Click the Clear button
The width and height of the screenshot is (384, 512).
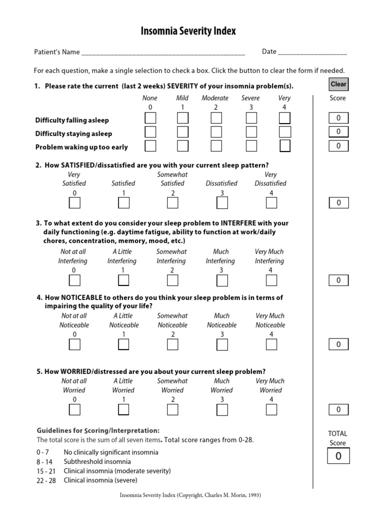pos(338,84)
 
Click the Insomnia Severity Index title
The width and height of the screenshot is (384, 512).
pos(188,31)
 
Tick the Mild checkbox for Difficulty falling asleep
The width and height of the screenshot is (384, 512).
pos(183,118)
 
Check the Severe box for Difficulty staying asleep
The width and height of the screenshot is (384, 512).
pos(251,132)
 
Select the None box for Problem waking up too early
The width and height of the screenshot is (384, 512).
pos(150,146)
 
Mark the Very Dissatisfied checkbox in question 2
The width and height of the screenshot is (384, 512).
pos(271,202)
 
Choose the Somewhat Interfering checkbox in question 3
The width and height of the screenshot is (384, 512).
pos(172,280)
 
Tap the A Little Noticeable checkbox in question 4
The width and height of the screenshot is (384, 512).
pos(123,344)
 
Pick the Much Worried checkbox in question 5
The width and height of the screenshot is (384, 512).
pos(222,409)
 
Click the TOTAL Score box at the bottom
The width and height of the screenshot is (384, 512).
pos(338,456)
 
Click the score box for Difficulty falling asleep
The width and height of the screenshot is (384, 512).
pos(338,118)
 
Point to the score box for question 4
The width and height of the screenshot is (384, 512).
pos(338,344)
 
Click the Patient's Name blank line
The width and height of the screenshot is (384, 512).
pos(163,52)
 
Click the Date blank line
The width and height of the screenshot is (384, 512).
pos(312,52)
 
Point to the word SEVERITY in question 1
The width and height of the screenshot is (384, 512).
pos(188,86)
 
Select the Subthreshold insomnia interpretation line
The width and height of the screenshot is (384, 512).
pos(97,461)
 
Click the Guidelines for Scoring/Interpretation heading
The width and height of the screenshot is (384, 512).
pos(98,430)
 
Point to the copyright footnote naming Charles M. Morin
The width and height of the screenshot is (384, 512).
pos(190,495)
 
